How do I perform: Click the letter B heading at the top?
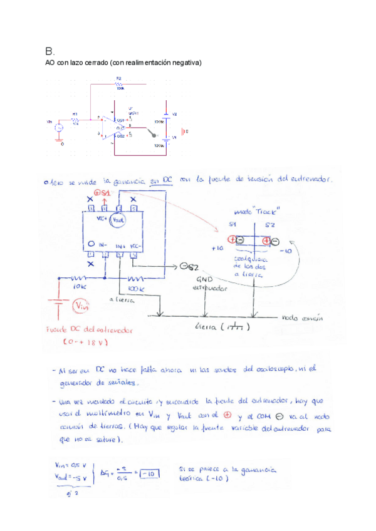(50, 51)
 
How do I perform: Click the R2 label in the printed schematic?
(118, 79)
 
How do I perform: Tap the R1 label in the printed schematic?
(75, 114)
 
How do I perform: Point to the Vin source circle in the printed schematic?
(59, 128)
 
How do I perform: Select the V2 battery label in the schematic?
(175, 114)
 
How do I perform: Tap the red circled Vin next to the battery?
(81, 306)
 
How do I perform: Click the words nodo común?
(303, 318)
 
